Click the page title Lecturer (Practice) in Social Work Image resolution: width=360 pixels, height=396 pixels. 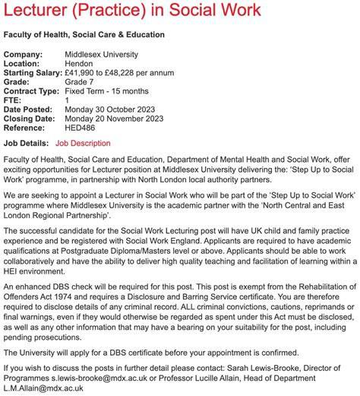(132, 11)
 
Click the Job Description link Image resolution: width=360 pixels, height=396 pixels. (83, 143)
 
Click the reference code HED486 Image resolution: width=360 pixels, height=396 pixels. (82, 130)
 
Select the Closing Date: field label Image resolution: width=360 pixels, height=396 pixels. (29, 119)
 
